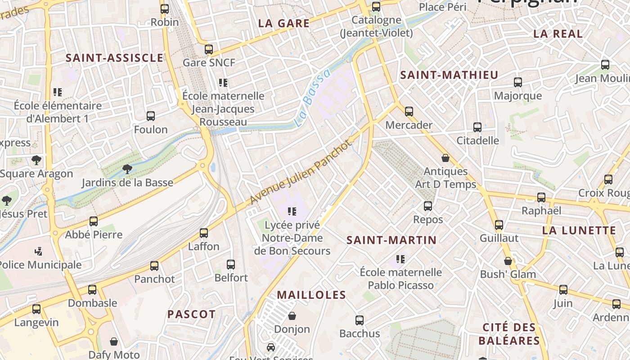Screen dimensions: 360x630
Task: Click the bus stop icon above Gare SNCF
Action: point(208,49)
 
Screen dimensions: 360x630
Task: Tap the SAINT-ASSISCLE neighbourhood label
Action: point(114,58)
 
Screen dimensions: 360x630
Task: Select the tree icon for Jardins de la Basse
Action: point(127,169)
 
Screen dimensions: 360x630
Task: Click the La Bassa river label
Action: point(312,98)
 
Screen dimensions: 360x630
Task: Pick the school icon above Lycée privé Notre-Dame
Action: point(292,211)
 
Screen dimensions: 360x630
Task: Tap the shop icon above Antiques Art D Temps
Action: point(445,158)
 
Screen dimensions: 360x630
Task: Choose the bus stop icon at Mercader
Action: point(409,112)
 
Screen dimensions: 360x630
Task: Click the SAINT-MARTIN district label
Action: point(391,240)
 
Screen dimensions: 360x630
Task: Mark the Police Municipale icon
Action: point(39,251)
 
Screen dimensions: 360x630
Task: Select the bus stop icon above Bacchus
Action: point(359,320)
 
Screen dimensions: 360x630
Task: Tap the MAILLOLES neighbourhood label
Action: point(311,295)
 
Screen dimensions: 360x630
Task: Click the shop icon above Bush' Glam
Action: point(508,261)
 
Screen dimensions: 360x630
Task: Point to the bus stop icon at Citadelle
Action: point(477,127)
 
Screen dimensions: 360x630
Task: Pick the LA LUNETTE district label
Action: point(579,230)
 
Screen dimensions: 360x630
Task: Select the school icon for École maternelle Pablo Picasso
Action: point(400,259)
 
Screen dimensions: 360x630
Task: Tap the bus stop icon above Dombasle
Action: point(92,290)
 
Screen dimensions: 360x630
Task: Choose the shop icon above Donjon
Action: point(292,316)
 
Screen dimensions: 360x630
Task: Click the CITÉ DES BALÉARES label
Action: point(509,334)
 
